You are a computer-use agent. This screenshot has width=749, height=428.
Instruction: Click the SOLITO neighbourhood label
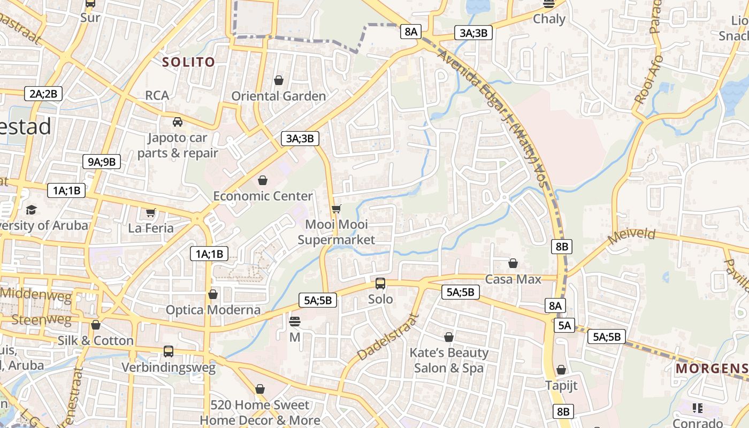[x=188, y=62]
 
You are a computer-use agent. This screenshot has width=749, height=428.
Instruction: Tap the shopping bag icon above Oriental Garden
[x=278, y=80]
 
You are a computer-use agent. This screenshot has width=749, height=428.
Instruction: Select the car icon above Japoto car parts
[x=178, y=122]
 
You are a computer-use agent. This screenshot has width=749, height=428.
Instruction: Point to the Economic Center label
[x=263, y=196]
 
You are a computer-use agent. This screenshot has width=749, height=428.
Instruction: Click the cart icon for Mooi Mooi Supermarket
[x=336, y=208]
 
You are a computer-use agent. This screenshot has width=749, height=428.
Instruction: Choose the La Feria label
[x=151, y=228]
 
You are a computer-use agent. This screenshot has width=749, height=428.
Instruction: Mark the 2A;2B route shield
[x=43, y=94]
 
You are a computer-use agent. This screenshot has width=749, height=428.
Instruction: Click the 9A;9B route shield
[x=102, y=162]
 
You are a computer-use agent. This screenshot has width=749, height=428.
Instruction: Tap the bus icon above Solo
[x=380, y=283]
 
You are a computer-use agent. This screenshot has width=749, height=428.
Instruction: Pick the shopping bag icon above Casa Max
[x=513, y=263]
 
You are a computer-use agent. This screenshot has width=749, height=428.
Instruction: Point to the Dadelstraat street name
[x=386, y=337]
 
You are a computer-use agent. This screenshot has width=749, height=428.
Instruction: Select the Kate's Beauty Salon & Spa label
[x=449, y=360]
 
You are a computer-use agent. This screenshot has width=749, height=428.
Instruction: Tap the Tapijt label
[x=561, y=385]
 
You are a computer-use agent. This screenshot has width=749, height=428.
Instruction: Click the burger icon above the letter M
[x=295, y=322]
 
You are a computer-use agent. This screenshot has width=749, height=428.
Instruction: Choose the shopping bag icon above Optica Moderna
[x=213, y=294]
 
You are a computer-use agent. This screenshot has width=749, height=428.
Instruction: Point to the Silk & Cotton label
[x=96, y=340]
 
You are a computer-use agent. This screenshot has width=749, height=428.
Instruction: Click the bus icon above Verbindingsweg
[x=169, y=351]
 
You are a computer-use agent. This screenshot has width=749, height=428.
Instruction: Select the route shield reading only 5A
[x=565, y=325]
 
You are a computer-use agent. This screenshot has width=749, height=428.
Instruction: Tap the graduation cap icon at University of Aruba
[x=32, y=209]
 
